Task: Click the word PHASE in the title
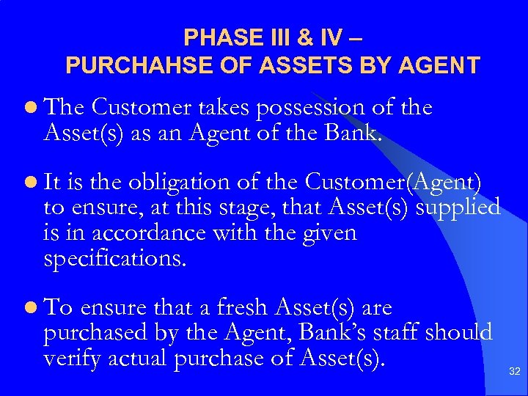pos(215,37)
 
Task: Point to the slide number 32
pos(514,373)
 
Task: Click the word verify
pos(72,359)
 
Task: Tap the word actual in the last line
pos(138,359)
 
